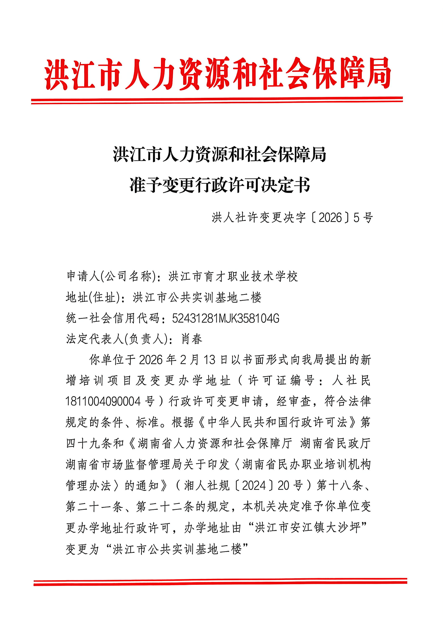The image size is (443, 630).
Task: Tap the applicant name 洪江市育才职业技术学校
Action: tap(233, 277)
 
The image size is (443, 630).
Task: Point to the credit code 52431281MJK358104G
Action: tap(225, 319)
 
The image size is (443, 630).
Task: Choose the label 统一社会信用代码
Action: tap(113, 319)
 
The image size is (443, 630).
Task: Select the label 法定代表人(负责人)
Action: tap(117, 339)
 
